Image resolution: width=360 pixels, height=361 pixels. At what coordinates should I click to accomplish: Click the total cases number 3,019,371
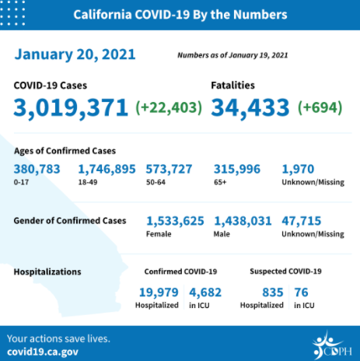pyautogui.click(x=71, y=107)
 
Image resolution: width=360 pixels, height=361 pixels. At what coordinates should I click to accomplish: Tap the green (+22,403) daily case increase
pyautogui.click(x=169, y=107)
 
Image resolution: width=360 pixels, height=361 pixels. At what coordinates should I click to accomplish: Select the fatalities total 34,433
pyautogui.click(x=250, y=107)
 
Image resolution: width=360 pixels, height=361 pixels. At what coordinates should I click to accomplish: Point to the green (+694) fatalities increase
pyautogui.click(x=320, y=107)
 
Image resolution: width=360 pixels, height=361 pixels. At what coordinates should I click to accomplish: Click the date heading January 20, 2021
pyautogui.click(x=75, y=54)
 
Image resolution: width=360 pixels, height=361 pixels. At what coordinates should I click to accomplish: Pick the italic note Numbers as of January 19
pyautogui.click(x=232, y=55)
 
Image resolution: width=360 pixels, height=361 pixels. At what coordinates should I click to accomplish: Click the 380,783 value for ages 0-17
pyautogui.click(x=37, y=170)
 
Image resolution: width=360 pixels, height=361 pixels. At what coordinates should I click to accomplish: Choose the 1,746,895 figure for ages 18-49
pyautogui.click(x=107, y=170)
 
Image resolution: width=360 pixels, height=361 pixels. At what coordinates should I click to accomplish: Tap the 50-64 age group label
pyautogui.click(x=156, y=182)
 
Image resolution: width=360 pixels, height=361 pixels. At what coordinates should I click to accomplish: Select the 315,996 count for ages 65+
pyautogui.click(x=237, y=170)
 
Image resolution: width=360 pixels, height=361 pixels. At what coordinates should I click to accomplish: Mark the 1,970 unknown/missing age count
pyautogui.click(x=298, y=170)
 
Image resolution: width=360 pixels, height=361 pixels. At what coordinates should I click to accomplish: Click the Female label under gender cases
pyautogui.click(x=159, y=234)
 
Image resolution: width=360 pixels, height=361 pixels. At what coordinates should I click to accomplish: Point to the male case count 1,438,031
pyautogui.click(x=243, y=221)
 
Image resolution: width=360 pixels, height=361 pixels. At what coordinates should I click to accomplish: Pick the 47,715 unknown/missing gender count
pyautogui.click(x=302, y=221)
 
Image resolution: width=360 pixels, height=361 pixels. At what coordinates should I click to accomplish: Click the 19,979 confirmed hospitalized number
pyautogui.click(x=159, y=293)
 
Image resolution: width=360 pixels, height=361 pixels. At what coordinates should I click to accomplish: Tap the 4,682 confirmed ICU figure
pyautogui.click(x=205, y=293)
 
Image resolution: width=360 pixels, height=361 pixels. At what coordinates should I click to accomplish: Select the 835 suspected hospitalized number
pyautogui.click(x=273, y=293)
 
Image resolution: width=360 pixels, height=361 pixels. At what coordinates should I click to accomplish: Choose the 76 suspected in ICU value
pyautogui.click(x=301, y=293)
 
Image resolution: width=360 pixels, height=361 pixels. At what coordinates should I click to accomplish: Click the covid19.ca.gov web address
pyautogui.click(x=43, y=352)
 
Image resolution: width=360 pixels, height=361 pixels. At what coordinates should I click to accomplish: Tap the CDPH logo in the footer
pyautogui.click(x=332, y=345)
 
